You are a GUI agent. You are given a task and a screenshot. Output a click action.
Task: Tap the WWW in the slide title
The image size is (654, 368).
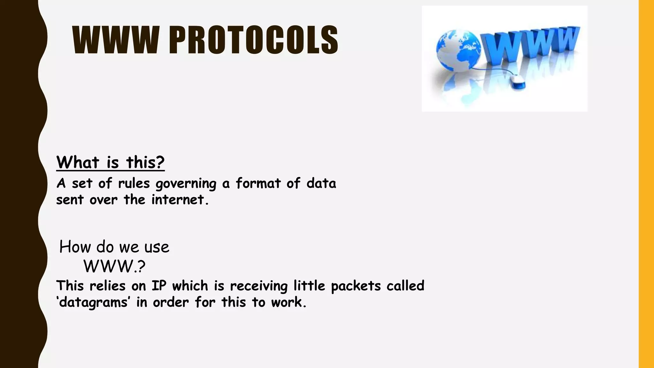[x=116, y=40]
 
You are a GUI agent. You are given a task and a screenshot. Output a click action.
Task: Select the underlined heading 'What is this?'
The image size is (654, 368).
[x=110, y=162]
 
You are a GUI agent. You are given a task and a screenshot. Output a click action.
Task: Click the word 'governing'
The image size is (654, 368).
[x=186, y=184]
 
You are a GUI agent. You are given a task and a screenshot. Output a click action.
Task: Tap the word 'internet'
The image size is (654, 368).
[x=178, y=200]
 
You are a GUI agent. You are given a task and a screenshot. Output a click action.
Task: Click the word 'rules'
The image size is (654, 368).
[x=134, y=183]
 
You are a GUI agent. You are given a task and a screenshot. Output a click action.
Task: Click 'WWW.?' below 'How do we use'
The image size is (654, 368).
[x=114, y=266]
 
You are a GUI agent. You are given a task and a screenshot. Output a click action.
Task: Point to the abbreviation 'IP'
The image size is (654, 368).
[x=159, y=286]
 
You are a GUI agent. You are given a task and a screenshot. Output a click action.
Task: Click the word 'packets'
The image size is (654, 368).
[x=356, y=286]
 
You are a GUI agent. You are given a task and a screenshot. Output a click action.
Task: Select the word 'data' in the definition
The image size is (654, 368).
[x=321, y=183]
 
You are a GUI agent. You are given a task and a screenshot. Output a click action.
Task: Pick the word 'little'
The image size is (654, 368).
[x=309, y=286]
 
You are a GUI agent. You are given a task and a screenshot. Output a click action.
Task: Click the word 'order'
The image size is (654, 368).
[x=171, y=302]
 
